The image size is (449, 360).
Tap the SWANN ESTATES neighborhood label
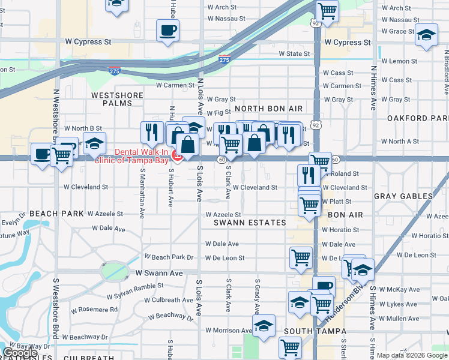(x=250, y=223)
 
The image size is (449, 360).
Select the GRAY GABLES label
(x=403, y=196)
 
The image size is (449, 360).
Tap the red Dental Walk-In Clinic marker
(x=177, y=157)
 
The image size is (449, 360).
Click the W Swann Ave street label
(x=158, y=273)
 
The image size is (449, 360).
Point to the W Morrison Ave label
(x=229, y=331)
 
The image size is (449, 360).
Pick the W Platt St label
(x=336, y=202)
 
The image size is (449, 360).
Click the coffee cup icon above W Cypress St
(x=167, y=29)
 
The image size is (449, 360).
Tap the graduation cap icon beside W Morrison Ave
(x=263, y=325)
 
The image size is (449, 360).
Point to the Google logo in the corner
(x=20, y=353)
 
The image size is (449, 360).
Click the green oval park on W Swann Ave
(x=115, y=271)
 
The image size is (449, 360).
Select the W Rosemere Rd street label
(x=95, y=310)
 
